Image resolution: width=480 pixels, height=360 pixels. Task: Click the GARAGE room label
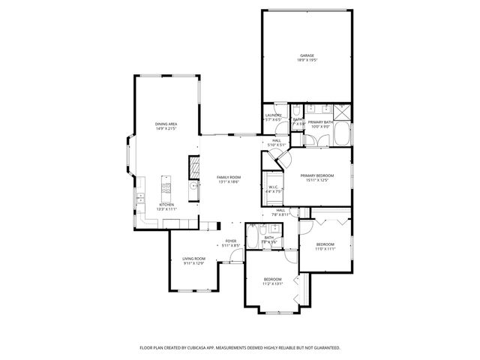[307, 55]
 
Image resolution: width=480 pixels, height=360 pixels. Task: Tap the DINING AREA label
[166, 124]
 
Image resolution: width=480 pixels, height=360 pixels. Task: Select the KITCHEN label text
[166, 204]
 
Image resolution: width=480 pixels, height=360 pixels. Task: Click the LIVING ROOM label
[193, 259]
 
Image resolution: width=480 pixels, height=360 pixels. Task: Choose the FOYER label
[232, 241]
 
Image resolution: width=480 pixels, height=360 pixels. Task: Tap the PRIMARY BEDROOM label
[316, 175]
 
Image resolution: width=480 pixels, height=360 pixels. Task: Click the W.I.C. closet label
[273, 187]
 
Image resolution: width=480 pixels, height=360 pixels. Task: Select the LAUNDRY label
[273, 115]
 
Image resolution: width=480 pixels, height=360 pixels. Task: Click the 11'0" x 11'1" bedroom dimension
[324, 249]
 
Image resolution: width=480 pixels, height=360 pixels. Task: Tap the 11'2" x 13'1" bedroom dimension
[272, 283]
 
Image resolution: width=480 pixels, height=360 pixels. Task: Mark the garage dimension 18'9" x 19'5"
[307, 60]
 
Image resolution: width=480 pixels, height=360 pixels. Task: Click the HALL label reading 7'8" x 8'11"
[280, 214]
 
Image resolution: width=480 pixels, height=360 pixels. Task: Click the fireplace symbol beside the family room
[193, 165]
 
